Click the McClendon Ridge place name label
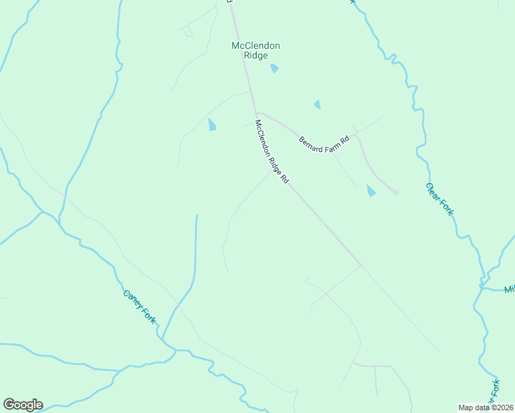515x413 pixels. (255, 50)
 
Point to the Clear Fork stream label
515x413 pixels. (439, 199)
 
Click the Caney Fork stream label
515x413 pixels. (139, 306)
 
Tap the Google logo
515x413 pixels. (23, 405)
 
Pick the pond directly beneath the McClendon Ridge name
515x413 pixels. (275, 68)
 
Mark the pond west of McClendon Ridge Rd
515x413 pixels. (212, 125)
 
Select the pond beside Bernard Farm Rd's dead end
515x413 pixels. (371, 191)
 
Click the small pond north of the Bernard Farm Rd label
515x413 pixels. (317, 105)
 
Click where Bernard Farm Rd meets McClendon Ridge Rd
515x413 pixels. (256, 113)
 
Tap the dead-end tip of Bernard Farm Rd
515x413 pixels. (396, 192)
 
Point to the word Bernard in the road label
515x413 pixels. (311, 146)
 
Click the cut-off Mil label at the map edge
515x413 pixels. (509, 289)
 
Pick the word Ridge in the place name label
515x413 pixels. (255, 56)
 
